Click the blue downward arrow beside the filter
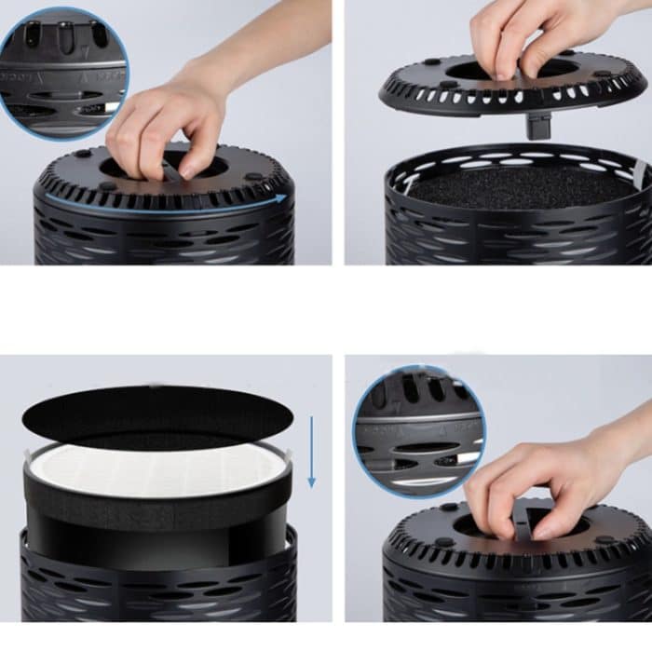click(x=312, y=453)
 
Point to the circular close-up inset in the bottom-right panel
click(x=418, y=429)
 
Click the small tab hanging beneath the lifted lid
click(x=537, y=125)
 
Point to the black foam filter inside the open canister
click(x=522, y=186)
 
